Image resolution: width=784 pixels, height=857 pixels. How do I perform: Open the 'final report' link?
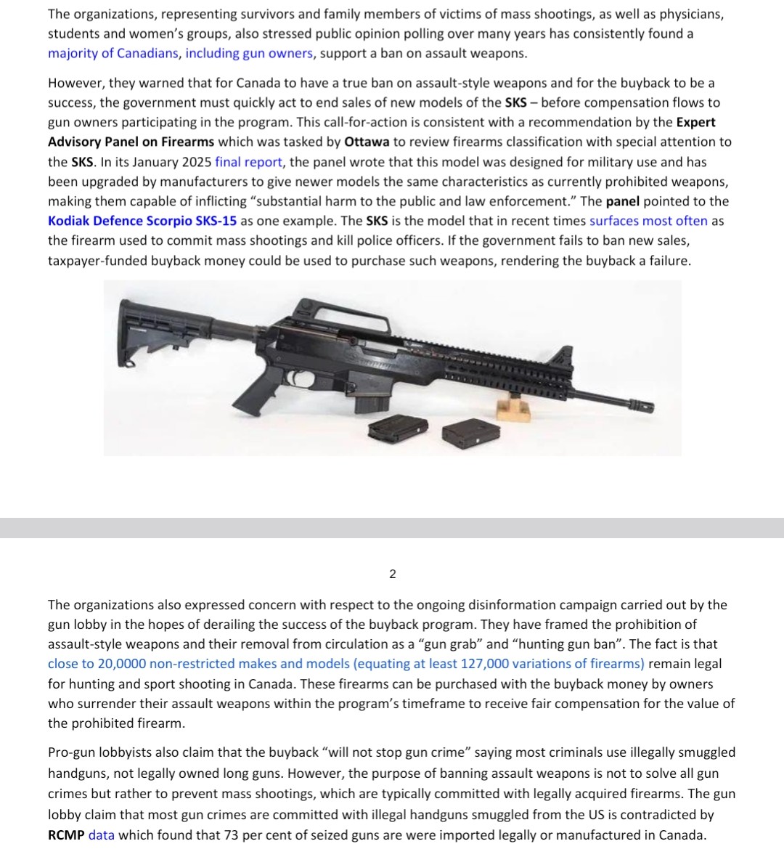pyautogui.click(x=248, y=162)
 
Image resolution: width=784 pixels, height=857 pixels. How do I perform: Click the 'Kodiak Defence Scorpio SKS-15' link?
pyautogui.click(x=142, y=221)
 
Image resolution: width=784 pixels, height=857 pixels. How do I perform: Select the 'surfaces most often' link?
pyautogui.click(x=648, y=221)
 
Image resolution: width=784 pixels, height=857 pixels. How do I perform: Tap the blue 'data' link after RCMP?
pyautogui.click(x=101, y=835)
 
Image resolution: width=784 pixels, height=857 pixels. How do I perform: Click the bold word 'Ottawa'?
pyautogui.click(x=367, y=142)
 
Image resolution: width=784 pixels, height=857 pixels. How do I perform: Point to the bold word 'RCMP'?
pyautogui.click(x=66, y=835)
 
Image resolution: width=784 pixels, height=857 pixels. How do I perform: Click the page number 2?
pyautogui.click(x=393, y=574)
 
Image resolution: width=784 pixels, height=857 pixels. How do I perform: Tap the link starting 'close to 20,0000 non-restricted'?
pyautogui.click(x=346, y=664)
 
